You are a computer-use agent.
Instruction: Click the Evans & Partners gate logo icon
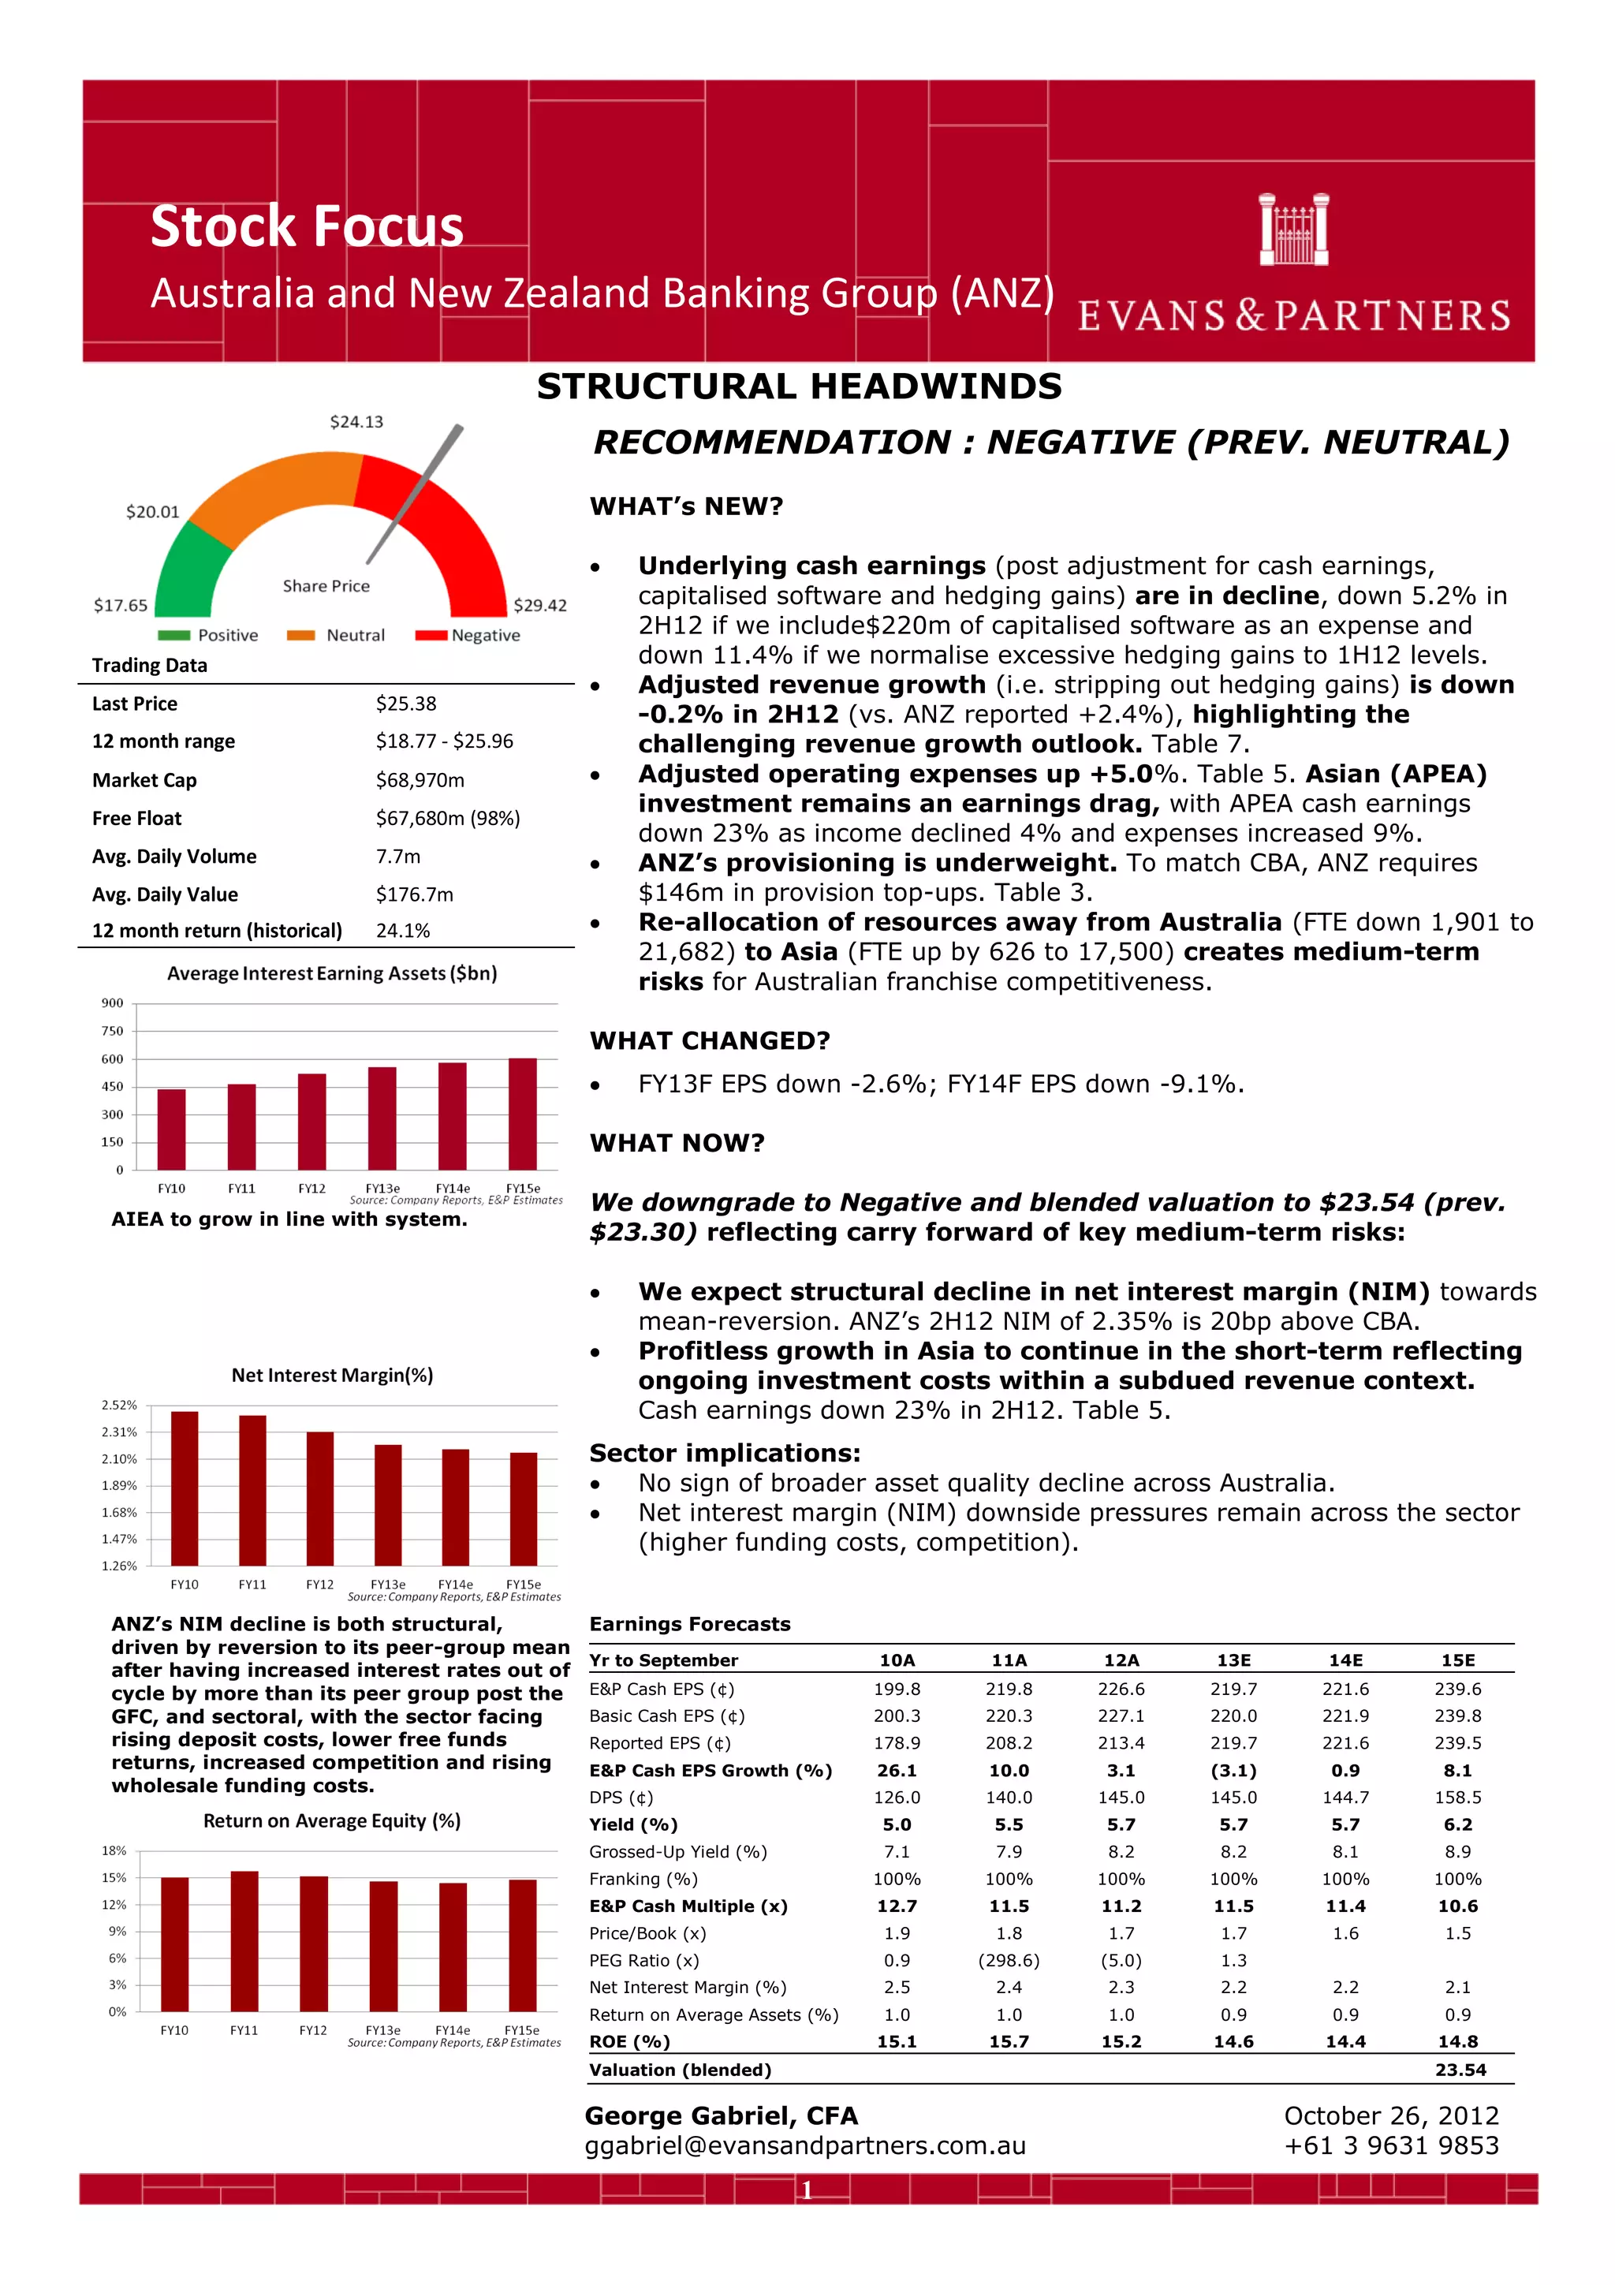pyautogui.click(x=1292, y=230)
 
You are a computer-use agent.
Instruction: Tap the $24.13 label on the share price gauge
pyautogui.click(x=356, y=422)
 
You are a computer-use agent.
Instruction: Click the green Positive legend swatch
pyautogui.click(x=173, y=636)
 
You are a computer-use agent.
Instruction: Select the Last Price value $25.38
pyautogui.click(x=406, y=704)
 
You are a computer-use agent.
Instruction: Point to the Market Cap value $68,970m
pyautogui.click(x=420, y=780)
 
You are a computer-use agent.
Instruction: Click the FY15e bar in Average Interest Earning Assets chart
pyautogui.click(x=522, y=1114)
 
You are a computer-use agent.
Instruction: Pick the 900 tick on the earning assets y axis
pyautogui.click(x=113, y=1003)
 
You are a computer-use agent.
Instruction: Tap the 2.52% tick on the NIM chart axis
pyautogui.click(x=119, y=1406)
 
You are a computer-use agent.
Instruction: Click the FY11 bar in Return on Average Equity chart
pyautogui.click(x=244, y=1942)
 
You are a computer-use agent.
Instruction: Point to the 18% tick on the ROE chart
pyautogui.click(x=114, y=1851)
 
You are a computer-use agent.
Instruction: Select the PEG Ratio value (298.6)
pyautogui.click(x=1009, y=1961)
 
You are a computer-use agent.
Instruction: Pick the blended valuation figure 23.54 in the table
pyautogui.click(x=1460, y=2070)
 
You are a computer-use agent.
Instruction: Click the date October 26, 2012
pyautogui.click(x=1391, y=2116)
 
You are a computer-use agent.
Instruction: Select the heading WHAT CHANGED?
pyautogui.click(x=710, y=1041)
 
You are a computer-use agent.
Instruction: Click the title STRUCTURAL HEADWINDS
pyautogui.click(x=799, y=386)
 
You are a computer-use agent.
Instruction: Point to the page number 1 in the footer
pyautogui.click(x=807, y=2190)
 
